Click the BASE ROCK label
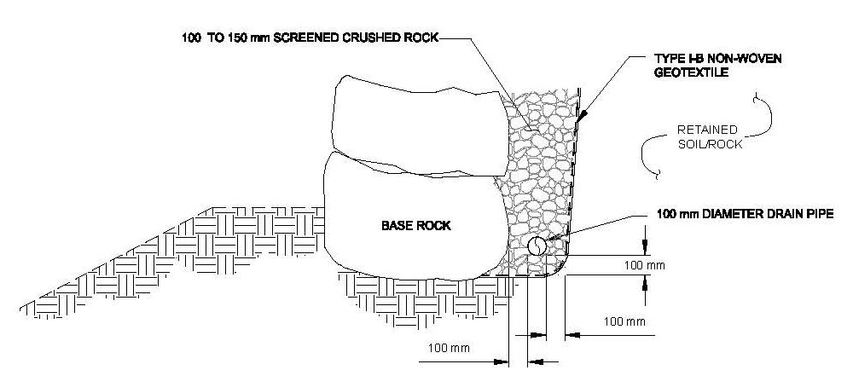[416, 225]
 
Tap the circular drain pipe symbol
[537, 246]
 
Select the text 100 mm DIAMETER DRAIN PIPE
[745, 213]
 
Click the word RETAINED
[707, 130]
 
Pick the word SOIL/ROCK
[712, 145]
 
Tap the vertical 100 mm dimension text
[644, 266]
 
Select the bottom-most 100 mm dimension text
[449, 348]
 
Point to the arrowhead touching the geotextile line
[583, 115]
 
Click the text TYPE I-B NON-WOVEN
[718, 58]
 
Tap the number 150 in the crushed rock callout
[236, 38]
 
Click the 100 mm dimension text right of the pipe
[624, 321]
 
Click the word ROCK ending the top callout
[421, 38]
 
